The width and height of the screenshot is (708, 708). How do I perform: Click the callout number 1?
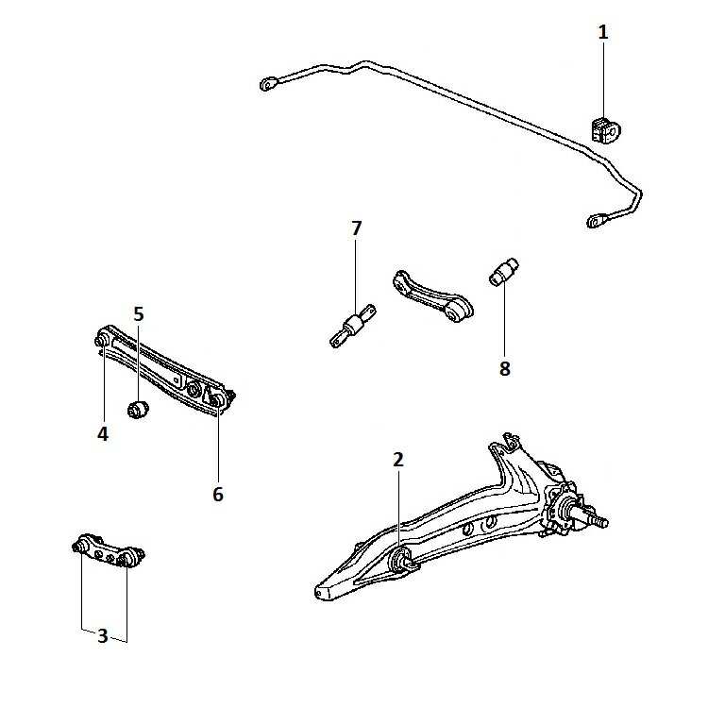(603, 32)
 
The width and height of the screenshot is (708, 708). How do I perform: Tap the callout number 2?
(398, 460)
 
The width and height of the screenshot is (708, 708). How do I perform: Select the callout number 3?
(103, 635)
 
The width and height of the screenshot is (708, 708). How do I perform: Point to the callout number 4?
(102, 434)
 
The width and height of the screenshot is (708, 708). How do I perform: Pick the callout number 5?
(138, 313)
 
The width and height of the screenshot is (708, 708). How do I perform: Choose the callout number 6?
(218, 494)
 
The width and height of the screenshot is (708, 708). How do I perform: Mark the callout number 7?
(356, 228)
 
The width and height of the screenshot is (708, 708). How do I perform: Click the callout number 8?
(505, 368)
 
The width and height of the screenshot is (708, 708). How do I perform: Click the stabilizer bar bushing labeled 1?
(601, 127)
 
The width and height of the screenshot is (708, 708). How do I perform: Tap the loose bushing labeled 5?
(139, 410)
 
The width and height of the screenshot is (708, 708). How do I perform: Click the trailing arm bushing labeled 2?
(400, 560)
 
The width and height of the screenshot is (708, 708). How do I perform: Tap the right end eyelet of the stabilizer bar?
(598, 221)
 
